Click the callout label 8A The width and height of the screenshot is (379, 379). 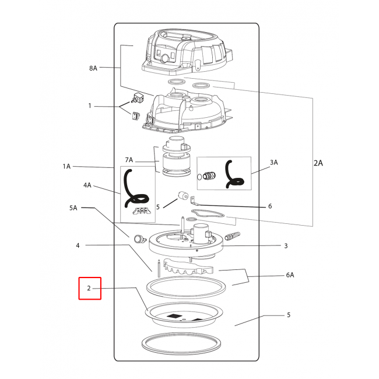[x=93, y=68]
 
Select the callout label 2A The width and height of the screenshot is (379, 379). [x=318, y=163]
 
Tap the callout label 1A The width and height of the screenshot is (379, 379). [x=66, y=166]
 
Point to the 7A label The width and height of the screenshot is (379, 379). [x=129, y=160]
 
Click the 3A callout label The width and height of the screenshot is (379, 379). [x=274, y=163]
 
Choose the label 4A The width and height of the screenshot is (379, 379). [x=87, y=185]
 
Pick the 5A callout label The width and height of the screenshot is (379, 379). [x=73, y=208]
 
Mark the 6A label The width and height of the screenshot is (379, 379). [x=290, y=275]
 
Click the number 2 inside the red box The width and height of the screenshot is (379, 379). [x=89, y=288]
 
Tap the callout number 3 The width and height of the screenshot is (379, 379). [x=286, y=246]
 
